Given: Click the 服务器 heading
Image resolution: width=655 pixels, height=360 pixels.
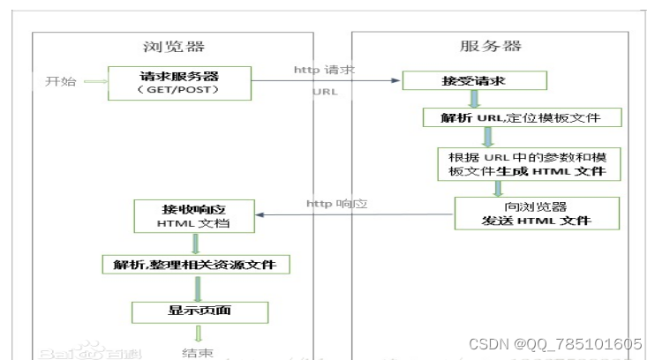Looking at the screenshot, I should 491,46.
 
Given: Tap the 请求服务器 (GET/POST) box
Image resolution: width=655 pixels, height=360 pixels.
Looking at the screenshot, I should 179,81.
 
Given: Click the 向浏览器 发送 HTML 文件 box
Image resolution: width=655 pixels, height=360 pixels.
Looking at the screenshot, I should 536,213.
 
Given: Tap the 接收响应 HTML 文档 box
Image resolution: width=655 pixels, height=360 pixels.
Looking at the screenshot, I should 195,216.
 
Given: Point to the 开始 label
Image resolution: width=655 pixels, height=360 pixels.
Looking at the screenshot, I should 60,82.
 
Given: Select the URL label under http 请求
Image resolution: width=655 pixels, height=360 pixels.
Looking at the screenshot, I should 325,91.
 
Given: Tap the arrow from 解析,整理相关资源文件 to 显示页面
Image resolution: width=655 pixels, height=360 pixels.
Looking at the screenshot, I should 197,288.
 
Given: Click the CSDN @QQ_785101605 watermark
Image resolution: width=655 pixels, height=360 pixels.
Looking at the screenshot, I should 553,344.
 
